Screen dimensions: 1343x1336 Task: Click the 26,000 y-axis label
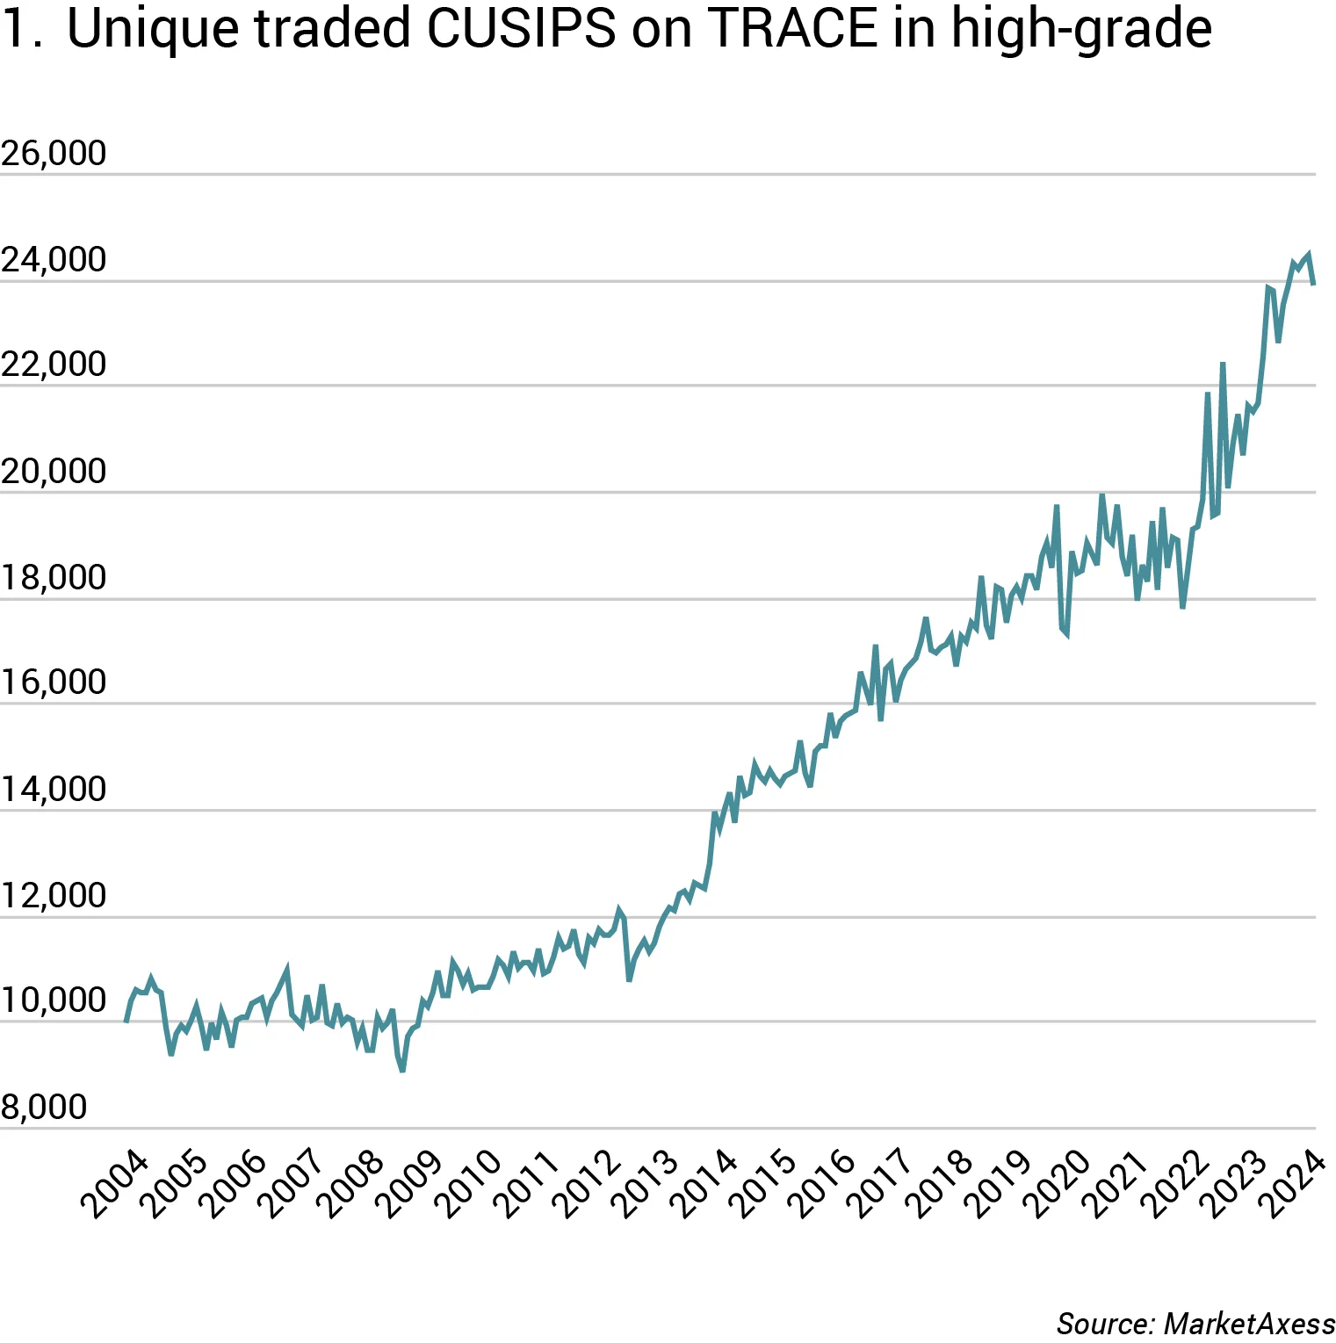click(54, 154)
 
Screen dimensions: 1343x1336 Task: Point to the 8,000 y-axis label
click(44, 1107)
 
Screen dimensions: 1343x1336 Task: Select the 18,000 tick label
click(54, 577)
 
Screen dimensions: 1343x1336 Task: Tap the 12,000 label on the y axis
click(54, 895)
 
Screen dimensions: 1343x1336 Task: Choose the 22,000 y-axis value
click(54, 364)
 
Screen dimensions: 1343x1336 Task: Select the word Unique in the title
click(155, 28)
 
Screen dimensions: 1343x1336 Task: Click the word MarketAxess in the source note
click(1249, 1323)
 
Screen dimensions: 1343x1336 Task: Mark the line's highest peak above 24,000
click(1308, 255)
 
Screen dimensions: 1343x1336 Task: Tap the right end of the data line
click(1313, 284)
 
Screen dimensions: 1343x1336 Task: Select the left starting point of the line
click(126, 1022)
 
